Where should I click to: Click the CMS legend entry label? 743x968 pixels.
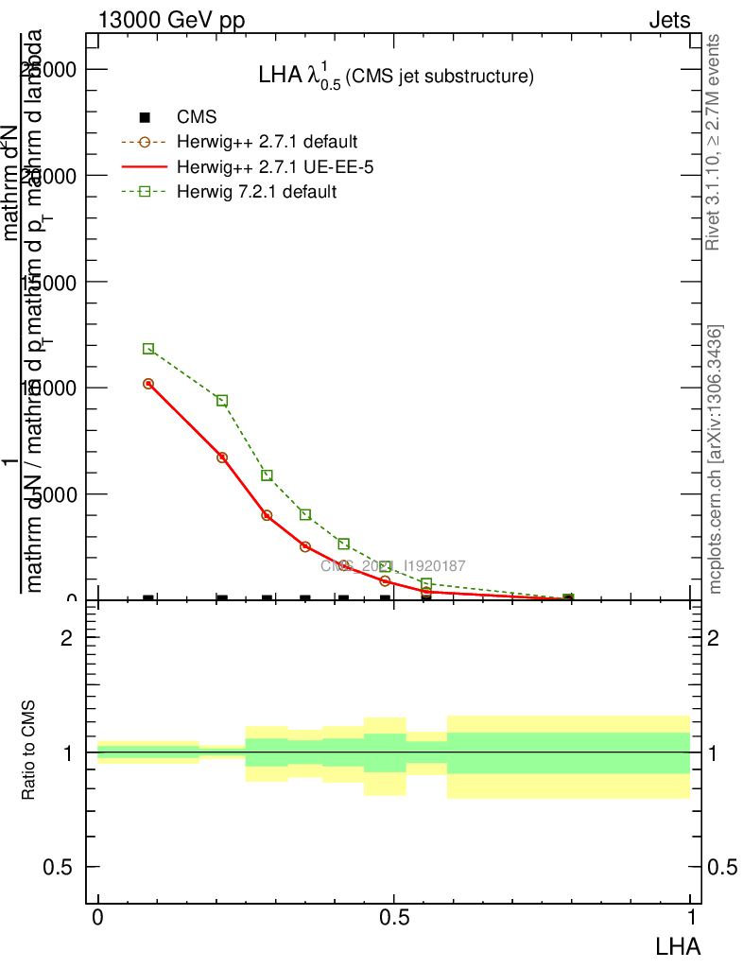(197, 117)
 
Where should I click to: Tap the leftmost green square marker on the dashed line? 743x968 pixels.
(148, 349)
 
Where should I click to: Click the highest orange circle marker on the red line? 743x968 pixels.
(148, 384)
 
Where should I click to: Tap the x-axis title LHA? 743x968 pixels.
(677, 944)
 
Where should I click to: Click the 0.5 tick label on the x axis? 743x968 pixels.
(393, 918)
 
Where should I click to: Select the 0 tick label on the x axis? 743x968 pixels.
(97, 918)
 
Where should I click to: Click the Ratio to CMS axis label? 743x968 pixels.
(29, 752)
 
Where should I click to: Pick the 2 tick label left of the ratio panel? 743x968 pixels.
(67, 638)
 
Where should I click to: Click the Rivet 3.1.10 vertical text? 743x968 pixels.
(714, 142)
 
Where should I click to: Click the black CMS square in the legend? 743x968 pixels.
(145, 117)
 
